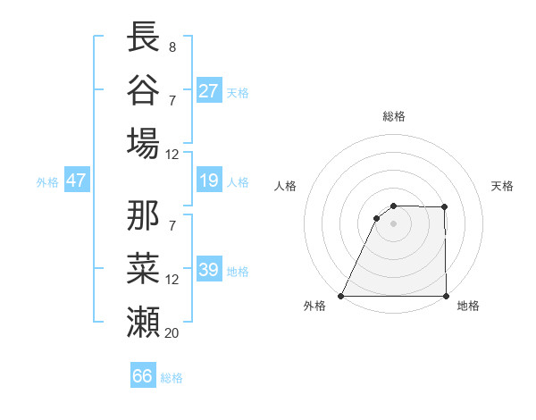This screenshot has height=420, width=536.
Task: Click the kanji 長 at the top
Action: (144, 37)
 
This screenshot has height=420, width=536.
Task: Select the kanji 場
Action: (144, 143)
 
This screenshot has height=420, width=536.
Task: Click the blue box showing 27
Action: (209, 91)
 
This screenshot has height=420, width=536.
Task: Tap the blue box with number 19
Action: (209, 181)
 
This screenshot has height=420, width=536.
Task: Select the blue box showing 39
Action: (209, 271)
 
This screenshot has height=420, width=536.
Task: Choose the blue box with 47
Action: (77, 181)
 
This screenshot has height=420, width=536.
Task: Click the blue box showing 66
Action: (143, 376)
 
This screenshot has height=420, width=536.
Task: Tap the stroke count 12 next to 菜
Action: (172, 279)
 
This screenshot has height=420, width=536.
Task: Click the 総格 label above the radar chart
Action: (394, 116)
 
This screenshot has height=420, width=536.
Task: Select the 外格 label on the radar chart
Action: (315, 307)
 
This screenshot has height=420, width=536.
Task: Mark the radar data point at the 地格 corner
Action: (446, 296)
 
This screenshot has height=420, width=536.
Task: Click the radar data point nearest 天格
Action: (445, 207)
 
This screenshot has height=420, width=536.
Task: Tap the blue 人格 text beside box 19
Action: (238, 182)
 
